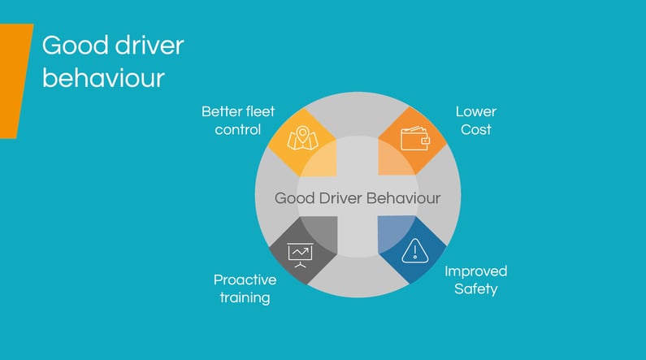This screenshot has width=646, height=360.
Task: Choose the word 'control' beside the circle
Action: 237,129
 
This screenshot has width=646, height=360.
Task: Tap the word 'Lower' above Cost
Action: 475,111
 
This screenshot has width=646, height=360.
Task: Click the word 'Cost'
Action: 475,129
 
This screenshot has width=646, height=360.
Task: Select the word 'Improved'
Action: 475,271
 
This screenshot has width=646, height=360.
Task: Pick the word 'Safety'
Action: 475,288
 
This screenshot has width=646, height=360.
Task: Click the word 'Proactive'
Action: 245,280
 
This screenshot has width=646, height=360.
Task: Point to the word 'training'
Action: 245,297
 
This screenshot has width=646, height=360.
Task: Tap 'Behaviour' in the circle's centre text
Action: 402,198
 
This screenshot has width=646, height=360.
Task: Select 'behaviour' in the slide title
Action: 103,79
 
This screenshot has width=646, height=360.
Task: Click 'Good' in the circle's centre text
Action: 294,198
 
